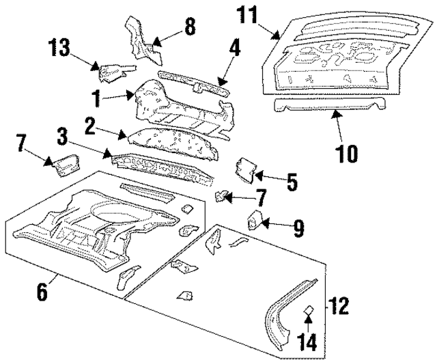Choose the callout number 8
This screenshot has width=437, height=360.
pyautogui.click(x=189, y=27)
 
